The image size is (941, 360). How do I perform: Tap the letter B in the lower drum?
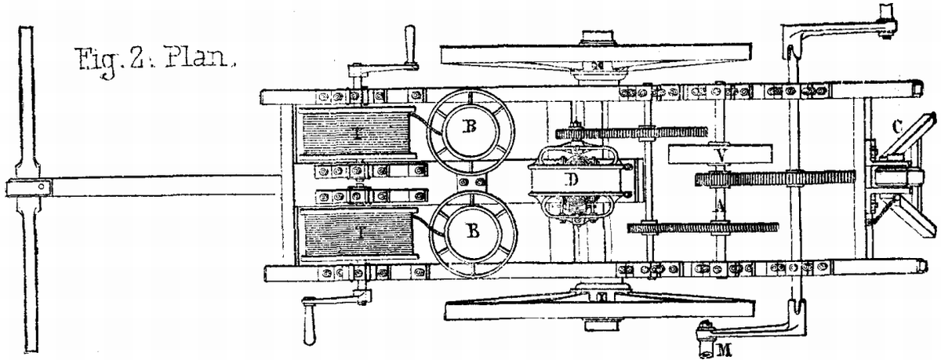tap(472, 231)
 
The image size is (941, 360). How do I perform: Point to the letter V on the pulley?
tap(719, 155)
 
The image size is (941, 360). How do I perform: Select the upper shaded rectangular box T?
tap(354, 135)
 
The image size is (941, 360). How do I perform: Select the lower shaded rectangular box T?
tap(354, 233)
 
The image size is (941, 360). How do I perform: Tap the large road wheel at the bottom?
tap(600, 311)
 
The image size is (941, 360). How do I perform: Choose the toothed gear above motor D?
tap(631, 133)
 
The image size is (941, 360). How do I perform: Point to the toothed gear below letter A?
tap(702, 228)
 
